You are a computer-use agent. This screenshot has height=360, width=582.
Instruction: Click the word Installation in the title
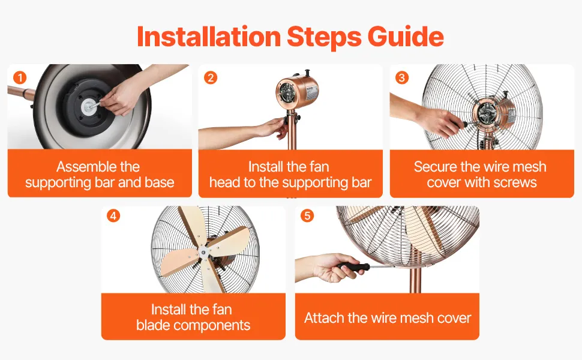tap(209, 37)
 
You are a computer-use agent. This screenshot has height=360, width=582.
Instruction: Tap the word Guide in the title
tap(406, 37)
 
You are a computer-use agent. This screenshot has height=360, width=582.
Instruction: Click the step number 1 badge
tap(20, 77)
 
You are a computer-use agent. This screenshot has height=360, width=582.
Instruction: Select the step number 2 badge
tap(211, 77)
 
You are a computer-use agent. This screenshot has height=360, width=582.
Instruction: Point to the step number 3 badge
tap(401, 77)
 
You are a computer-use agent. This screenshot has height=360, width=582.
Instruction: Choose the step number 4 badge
tap(113, 215)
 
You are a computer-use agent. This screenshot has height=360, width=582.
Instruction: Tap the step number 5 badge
tap(307, 215)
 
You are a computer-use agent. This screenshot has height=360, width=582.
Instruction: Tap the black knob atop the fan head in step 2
tap(307, 73)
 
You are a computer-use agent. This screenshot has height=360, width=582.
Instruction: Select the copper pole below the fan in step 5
tap(415, 281)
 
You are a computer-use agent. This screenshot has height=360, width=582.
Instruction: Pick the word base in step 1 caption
tap(160, 182)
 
